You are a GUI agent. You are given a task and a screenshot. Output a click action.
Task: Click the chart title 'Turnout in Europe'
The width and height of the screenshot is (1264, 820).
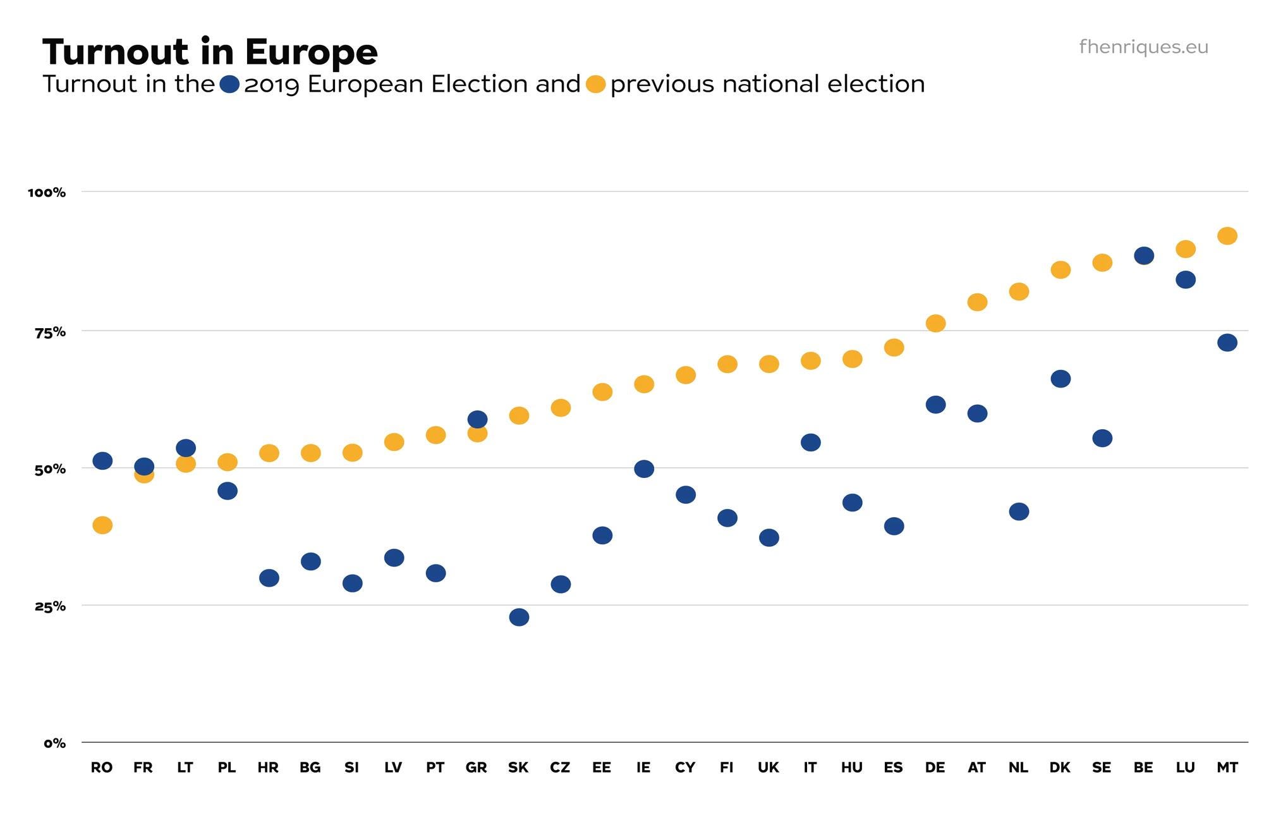tap(210, 52)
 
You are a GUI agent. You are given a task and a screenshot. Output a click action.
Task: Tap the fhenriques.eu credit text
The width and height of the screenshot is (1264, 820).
tap(1143, 47)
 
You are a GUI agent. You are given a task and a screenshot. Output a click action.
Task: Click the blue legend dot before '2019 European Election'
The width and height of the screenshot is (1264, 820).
tap(229, 84)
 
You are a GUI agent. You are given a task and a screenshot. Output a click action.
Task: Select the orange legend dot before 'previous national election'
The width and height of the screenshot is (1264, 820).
tap(595, 84)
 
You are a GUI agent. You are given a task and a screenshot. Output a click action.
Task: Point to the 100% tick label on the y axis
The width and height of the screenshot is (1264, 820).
tap(47, 192)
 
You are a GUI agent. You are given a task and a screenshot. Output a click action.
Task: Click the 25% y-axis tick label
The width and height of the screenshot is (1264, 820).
tap(50, 606)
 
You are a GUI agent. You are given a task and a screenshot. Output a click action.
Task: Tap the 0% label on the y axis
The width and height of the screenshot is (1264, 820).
tap(54, 744)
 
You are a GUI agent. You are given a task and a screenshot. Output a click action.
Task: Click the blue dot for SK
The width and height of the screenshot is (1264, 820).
tap(519, 617)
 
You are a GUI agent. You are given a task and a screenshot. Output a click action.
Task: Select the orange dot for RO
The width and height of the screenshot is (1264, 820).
tap(102, 525)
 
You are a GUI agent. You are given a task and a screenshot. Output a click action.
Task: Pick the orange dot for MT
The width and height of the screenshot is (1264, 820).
tap(1227, 236)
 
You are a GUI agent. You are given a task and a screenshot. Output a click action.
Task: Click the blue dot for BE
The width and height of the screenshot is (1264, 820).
tap(1143, 255)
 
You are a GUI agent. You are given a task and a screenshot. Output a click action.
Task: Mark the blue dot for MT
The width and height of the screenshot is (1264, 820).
tap(1227, 343)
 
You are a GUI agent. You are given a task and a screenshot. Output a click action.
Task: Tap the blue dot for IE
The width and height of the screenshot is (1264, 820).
tap(643, 469)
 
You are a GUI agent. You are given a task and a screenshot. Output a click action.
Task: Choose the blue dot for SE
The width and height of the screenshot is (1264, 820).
tap(1102, 438)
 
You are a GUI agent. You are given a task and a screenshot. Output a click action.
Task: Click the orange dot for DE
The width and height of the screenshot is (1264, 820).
tap(935, 323)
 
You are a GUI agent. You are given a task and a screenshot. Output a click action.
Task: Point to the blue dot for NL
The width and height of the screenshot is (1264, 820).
tap(1019, 511)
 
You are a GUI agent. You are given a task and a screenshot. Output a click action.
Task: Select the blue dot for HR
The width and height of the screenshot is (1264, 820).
tap(269, 578)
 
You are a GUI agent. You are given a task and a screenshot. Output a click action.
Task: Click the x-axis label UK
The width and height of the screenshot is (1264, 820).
tap(768, 768)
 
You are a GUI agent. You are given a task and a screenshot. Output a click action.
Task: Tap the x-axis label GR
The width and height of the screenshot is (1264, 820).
tap(476, 768)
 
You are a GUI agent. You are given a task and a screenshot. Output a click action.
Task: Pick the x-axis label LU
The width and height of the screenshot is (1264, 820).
tap(1185, 768)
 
